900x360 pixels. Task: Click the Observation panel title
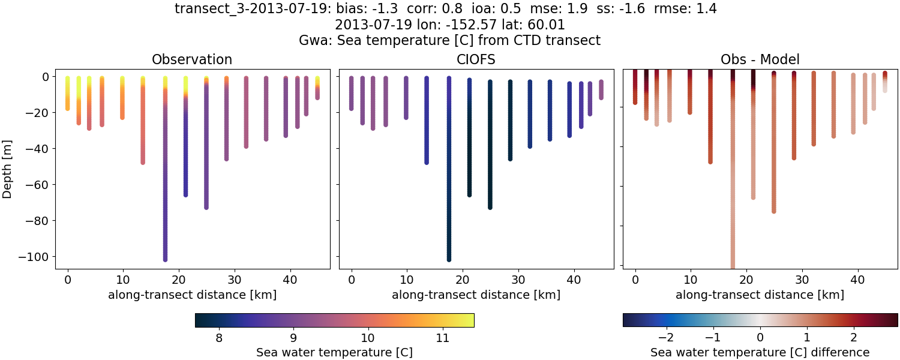(192, 59)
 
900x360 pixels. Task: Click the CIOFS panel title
(476, 59)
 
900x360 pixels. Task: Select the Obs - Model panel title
(760, 59)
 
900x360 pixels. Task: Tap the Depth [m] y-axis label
(8, 167)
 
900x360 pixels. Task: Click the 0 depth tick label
(44, 77)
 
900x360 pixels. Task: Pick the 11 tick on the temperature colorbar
(442, 338)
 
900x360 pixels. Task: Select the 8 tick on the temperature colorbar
(219, 338)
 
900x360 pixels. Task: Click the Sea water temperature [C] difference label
(760, 352)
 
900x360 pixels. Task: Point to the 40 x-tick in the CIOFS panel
(574, 279)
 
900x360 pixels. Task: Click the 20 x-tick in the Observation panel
(179, 279)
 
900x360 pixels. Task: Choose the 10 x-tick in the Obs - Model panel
(691, 279)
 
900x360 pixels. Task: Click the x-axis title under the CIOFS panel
(476, 295)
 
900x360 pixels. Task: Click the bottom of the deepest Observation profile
(165, 259)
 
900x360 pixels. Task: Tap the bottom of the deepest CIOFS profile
(449, 259)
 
